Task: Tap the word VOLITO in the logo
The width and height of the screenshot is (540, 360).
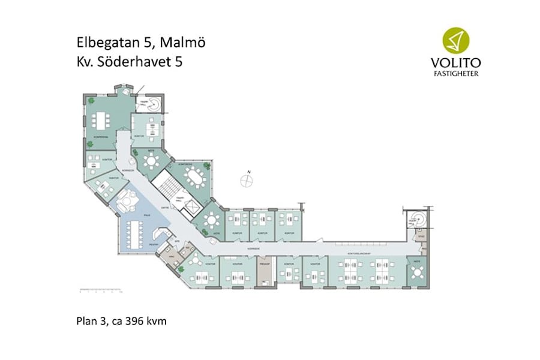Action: tap(456, 62)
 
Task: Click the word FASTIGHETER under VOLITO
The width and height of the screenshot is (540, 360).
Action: tap(456, 74)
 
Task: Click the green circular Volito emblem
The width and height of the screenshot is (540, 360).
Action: tap(456, 40)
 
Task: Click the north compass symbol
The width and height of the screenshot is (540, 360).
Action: tap(247, 178)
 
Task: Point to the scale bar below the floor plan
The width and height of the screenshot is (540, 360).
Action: tap(101, 292)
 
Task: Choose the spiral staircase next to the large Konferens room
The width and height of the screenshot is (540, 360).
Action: tap(154, 103)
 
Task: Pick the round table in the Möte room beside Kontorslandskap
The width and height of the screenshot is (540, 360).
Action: tap(416, 272)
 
